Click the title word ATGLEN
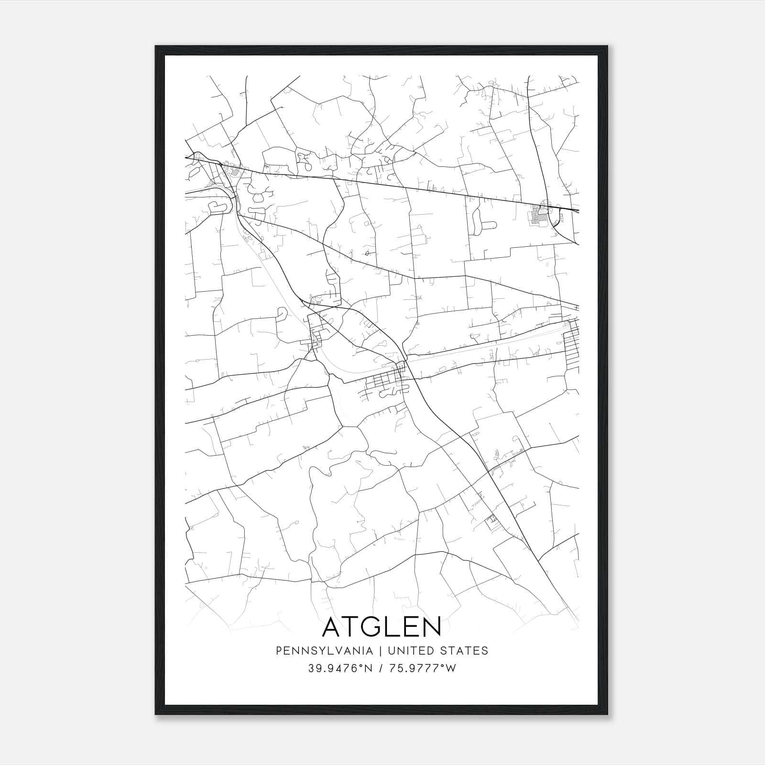coord(382,627)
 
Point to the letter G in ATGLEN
coord(376,627)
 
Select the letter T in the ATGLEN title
coord(354,627)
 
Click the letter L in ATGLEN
coord(395,627)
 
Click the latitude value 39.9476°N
coord(340,668)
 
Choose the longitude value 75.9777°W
coord(423,668)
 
